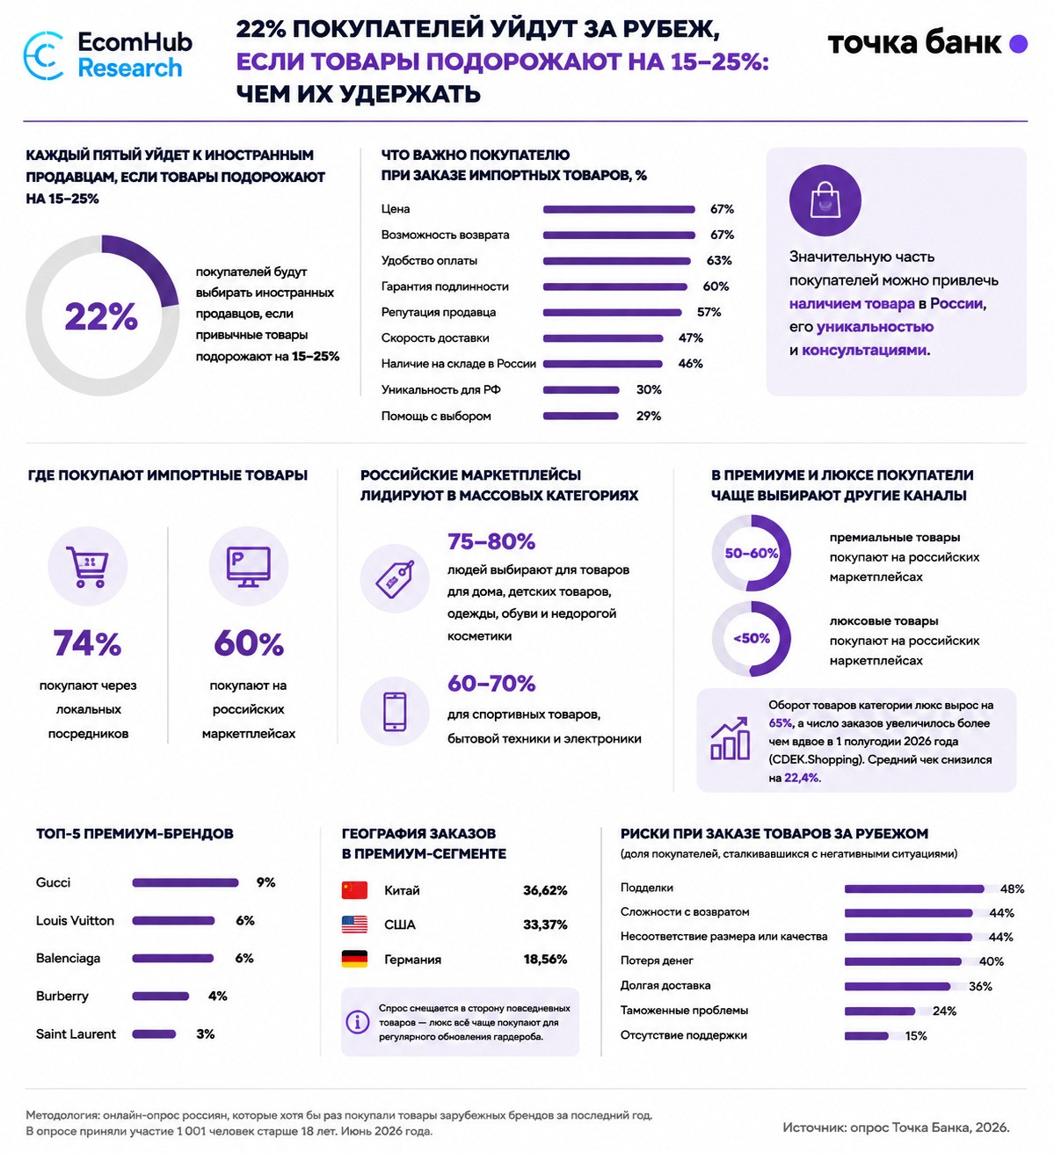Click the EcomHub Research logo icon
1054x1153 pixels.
pyautogui.click(x=43, y=55)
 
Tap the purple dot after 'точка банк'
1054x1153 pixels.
pyautogui.click(x=1018, y=44)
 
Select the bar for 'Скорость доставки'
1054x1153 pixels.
pyautogui.click(x=603, y=338)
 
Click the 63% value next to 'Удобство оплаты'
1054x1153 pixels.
pyautogui.click(x=719, y=260)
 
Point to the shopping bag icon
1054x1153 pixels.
pyautogui.click(x=825, y=200)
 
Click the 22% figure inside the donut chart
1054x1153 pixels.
pyautogui.click(x=101, y=316)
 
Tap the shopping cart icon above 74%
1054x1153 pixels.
pyautogui.click(x=87, y=566)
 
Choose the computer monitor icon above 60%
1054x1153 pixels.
pyautogui.click(x=249, y=566)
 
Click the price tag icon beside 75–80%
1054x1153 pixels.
pyautogui.click(x=395, y=579)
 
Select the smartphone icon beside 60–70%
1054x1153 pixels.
pyautogui.click(x=395, y=712)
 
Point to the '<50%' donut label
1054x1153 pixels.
pyautogui.click(x=751, y=638)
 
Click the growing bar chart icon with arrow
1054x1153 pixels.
pyautogui.click(x=730, y=738)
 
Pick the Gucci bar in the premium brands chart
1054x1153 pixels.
pyautogui.click(x=185, y=882)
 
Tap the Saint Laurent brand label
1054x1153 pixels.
pyautogui.click(x=76, y=1034)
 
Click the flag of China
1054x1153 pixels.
pyautogui.click(x=354, y=890)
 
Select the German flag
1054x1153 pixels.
pyautogui.click(x=354, y=959)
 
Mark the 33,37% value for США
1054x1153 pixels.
pyautogui.click(x=545, y=925)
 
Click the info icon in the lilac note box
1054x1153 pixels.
pyautogui.click(x=358, y=1022)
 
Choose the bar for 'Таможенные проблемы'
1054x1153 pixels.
pyautogui.click(x=880, y=1011)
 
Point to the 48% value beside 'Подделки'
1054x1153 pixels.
pyautogui.click(x=1012, y=888)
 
